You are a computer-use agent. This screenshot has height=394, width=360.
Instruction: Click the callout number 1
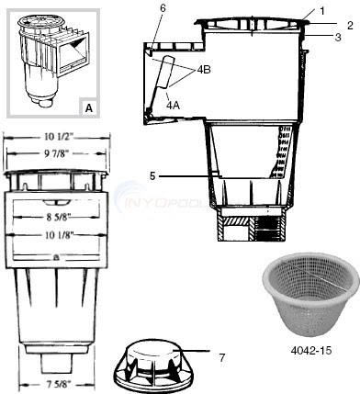pos(321,11)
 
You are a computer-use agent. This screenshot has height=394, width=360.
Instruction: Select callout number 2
pos(350,25)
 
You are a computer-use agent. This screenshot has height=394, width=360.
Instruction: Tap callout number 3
pos(338,38)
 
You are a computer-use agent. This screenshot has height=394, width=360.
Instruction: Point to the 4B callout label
pos(204,70)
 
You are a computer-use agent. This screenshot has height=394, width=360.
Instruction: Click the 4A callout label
pos(173,105)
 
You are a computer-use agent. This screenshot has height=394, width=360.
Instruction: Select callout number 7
pos(222,357)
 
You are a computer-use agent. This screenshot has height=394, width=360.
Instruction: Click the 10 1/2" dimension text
pos(58,137)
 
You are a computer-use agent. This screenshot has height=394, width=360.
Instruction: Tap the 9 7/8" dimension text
pos(58,153)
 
